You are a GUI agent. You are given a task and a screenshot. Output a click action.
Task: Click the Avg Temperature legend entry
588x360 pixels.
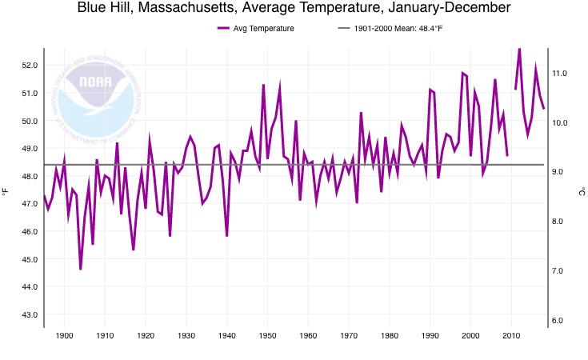pos(256,29)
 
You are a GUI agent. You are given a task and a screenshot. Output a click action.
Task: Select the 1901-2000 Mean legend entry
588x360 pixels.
pos(386,29)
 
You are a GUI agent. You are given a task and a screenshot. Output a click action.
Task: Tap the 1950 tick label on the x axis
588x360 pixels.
pos(268,334)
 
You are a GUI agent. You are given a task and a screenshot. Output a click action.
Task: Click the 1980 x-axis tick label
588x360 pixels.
pos(390,334)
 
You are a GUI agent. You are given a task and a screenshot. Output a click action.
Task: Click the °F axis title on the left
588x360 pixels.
pos(6,192)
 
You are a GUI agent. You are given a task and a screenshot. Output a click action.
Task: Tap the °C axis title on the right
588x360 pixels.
pos(582,192)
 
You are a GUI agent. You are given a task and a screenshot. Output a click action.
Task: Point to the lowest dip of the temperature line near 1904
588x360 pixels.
pos(81,269)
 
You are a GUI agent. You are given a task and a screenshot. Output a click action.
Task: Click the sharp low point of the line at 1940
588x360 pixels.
pos(227,235)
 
